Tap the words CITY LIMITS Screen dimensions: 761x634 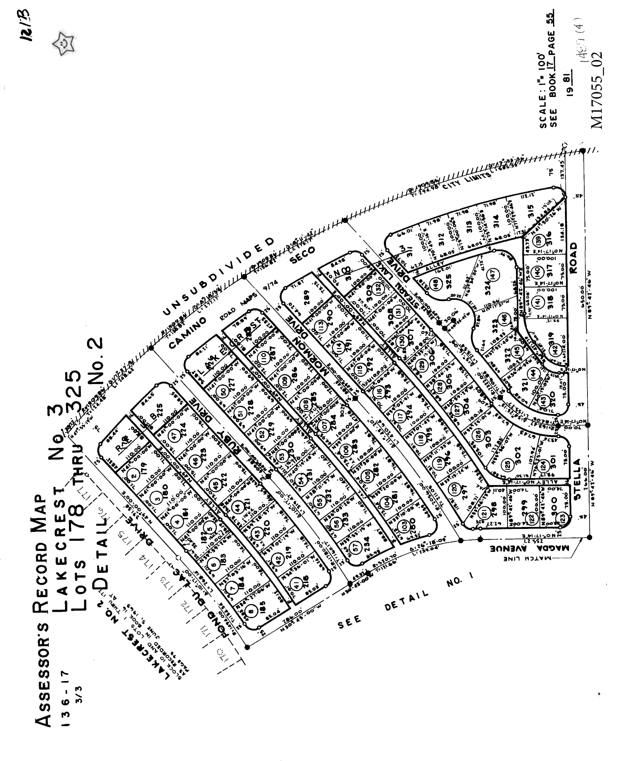(472, 180)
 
